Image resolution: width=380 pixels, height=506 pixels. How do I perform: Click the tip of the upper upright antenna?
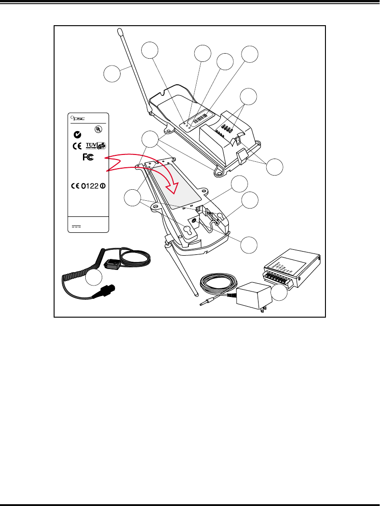(120, 32)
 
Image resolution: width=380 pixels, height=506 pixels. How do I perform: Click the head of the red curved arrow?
(176, 185)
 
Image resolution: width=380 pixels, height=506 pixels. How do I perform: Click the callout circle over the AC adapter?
(278, 292)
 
